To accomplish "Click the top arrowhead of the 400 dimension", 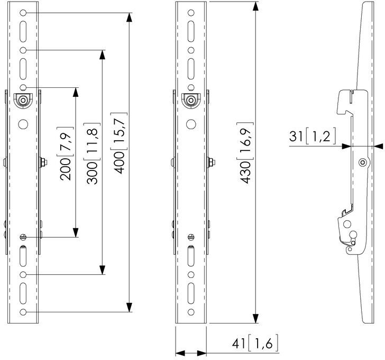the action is pyautogui.click(x=130, y=17).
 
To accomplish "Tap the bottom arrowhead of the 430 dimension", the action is pyautogui.click(x=255, y=318).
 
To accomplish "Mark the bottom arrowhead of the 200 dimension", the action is pyautogui.click(x=76, y=232).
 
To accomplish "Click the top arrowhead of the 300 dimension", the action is pyautogui.click(x=102, y=55).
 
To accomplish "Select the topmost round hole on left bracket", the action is pyautogui.click(x=23, y=13).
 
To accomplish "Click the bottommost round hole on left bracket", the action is pyautogui.click(x=23, y=312).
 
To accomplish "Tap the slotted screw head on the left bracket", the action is pyautogui.click(x=23, y=237).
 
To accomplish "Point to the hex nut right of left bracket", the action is pyautogui.click(x=44, y=162).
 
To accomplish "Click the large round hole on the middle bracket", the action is pyautogui.click(x=191, y=124).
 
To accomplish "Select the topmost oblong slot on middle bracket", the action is pyautogui.click(x=191, y=31).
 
